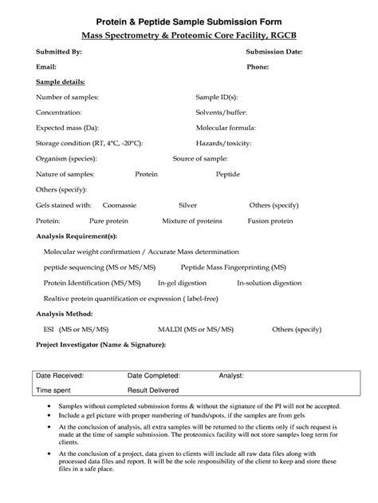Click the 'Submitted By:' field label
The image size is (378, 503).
coord(59,51)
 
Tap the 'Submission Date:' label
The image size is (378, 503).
coord(274,51)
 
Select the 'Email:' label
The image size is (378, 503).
coord(45,66)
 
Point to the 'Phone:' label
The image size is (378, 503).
coord(258,66)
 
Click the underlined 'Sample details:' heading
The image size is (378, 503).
coord(61,82)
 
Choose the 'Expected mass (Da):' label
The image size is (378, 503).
coord(67,128)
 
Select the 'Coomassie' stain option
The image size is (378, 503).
coord(120,205)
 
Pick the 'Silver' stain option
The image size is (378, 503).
coord(188,205)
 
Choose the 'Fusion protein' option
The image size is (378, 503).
coord(270,220)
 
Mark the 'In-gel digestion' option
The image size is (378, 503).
coord(182,283)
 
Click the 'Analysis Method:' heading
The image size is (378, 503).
coord(65,313)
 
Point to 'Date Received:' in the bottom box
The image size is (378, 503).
coord(61,374)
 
